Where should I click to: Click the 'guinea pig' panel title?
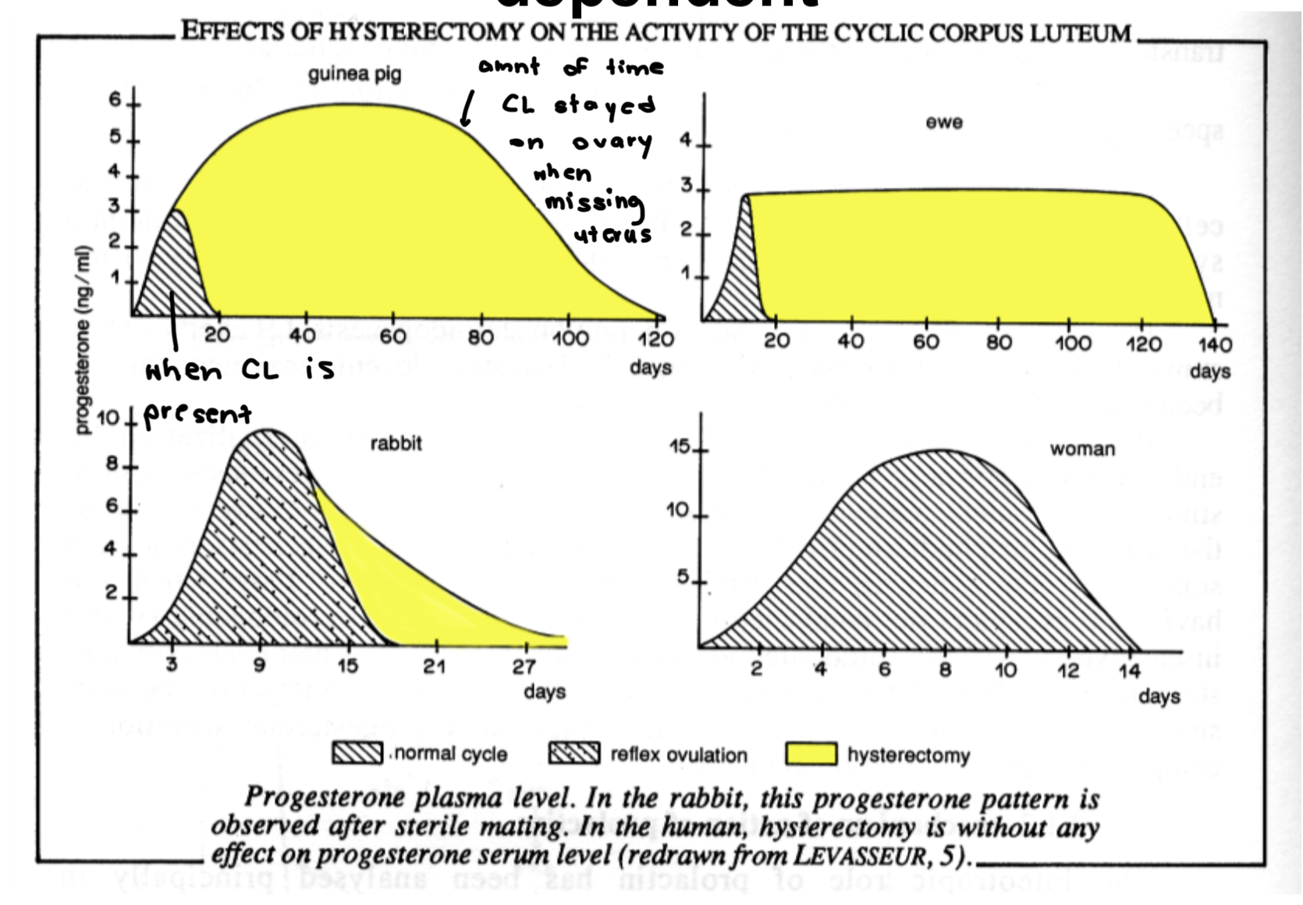pos(354,74)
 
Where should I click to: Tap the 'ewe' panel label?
pos(944,123)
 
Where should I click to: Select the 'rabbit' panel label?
pos(396,444)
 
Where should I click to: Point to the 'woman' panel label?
pos(1082,449)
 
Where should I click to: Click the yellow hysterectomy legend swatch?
pos(811,754)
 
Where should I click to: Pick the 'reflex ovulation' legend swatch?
pos(574,754)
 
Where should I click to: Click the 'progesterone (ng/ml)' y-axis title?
pos(83,340)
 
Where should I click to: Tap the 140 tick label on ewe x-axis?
pos(1214,344)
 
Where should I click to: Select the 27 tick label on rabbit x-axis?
pos(524,667)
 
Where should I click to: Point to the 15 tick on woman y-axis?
pos(680,447)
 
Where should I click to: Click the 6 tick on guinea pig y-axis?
pos(115,100)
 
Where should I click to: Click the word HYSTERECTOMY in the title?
pos(425,32)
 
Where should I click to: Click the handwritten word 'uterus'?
pos(613,235)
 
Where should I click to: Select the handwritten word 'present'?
pos(197,413)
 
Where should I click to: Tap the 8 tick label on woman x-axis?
pos(945,670)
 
